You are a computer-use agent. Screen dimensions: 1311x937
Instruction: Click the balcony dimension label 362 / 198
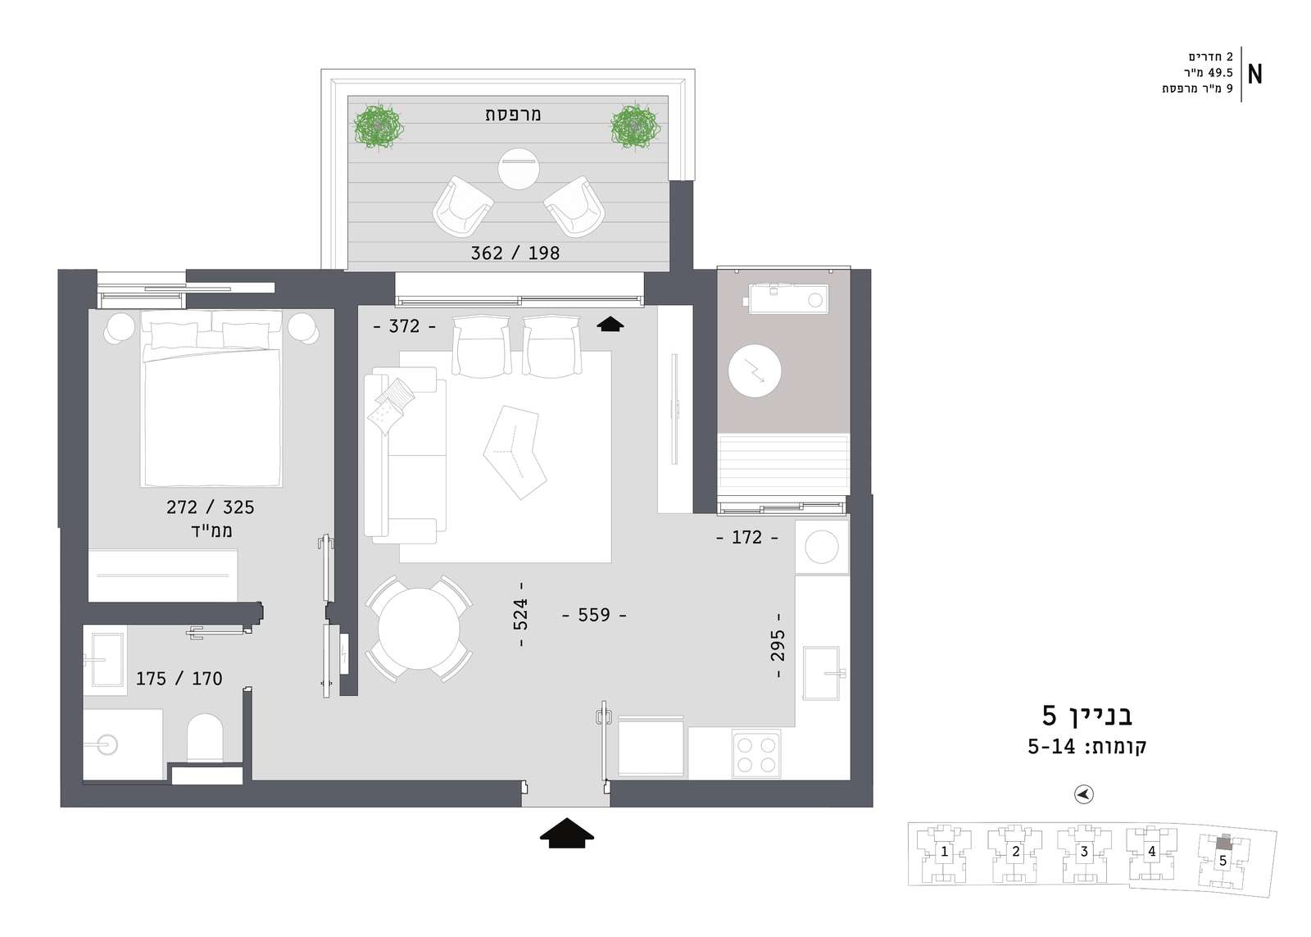coord(515,253)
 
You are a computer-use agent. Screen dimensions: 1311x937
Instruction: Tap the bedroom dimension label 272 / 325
coord(210,507)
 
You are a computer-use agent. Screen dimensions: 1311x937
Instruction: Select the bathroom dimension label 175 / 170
coord(179,679)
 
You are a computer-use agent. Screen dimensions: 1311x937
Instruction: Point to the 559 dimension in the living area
coord(594,615)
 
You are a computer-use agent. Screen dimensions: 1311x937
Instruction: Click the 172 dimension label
coord(746,537)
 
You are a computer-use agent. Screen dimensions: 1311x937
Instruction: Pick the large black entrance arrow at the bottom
coord(566,833)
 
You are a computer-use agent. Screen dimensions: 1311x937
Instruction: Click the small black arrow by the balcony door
coord(610,324)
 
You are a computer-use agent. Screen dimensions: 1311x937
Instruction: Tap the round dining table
coord(419,629)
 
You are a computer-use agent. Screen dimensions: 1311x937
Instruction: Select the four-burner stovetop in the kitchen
coord(756,753)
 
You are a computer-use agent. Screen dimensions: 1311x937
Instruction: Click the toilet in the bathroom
coord(205,738)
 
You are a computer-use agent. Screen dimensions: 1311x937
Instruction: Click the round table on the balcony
coord(519,169)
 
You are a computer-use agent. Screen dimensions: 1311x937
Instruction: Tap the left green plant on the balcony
coord(379,127)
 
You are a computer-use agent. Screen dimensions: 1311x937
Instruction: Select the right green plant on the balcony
coord(636,127)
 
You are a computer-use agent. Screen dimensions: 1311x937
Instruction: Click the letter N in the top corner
coord(1254,75)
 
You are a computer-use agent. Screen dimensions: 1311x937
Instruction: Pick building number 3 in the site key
coord(1084,852)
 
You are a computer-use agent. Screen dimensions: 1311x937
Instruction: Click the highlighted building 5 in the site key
coord(1223,859)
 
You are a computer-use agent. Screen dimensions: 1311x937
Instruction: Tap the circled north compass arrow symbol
coord(1084,794)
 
